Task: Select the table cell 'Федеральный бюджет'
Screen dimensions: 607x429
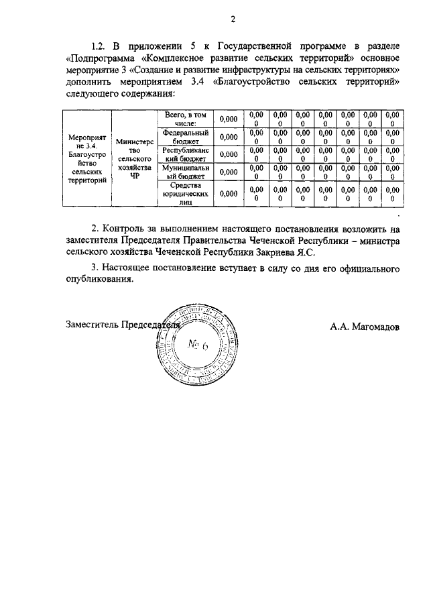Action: [185, 137]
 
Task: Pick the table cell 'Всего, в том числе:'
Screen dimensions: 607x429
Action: [185, 119]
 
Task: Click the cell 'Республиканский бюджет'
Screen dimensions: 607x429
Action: [185, 155]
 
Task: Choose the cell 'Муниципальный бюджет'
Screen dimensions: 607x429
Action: [185, 172]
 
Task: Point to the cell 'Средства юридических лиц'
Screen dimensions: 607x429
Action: [185, 193]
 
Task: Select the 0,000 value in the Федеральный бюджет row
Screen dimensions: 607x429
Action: [229, 137]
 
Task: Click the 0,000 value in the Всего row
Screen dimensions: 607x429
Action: [229, 119]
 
